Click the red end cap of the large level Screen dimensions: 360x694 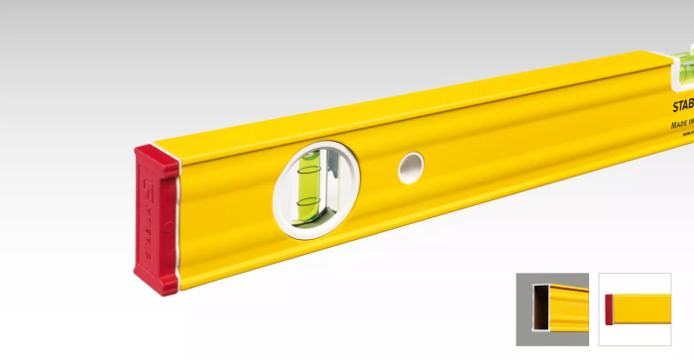pos(157,219)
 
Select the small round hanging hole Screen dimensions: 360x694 pos(410,169)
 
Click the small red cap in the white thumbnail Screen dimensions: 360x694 pos(610,308)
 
